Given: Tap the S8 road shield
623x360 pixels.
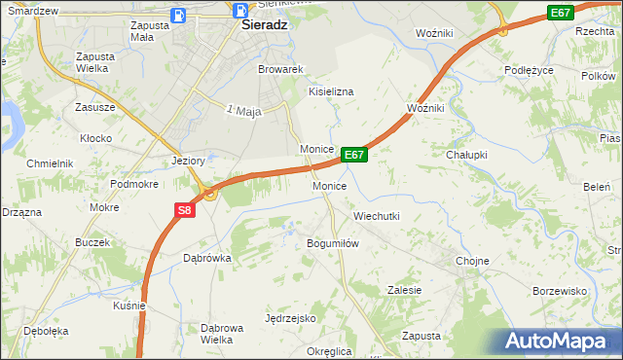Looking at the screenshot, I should pos(186,209).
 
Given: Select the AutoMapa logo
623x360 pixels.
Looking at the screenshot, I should pos(555,342).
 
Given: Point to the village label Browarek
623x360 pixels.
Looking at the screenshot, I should pos(281,70).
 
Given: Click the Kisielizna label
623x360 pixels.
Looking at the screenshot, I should pos(331,91).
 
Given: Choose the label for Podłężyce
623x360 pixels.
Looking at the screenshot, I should pos(530,70).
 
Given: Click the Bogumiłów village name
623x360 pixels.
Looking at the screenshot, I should pos(334,243).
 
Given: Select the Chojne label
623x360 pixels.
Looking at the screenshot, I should pos(472,261).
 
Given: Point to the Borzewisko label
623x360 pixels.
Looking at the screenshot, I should pos(560,291).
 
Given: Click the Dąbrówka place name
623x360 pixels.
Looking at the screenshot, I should pos(206,258).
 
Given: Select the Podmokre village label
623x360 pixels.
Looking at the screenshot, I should pos(133,184).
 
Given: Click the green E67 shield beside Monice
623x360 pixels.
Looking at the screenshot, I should pos(354,155).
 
